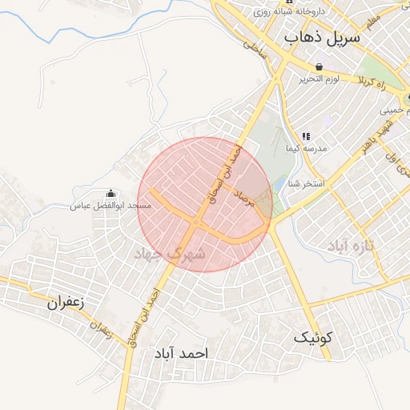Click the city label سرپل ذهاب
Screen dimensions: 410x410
(x=323, y=38)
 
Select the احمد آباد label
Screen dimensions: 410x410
(x=183, y=353)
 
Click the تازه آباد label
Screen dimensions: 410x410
(x=352, y=249)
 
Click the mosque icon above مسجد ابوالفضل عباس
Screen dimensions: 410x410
(x=111, y=194)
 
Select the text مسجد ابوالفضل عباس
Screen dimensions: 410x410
(x=111, y=206)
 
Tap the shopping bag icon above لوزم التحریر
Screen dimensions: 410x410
(x=320, y=67)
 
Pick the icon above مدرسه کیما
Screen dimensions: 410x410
(x=305, y=137)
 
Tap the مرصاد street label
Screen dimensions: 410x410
(x=243, y=199)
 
